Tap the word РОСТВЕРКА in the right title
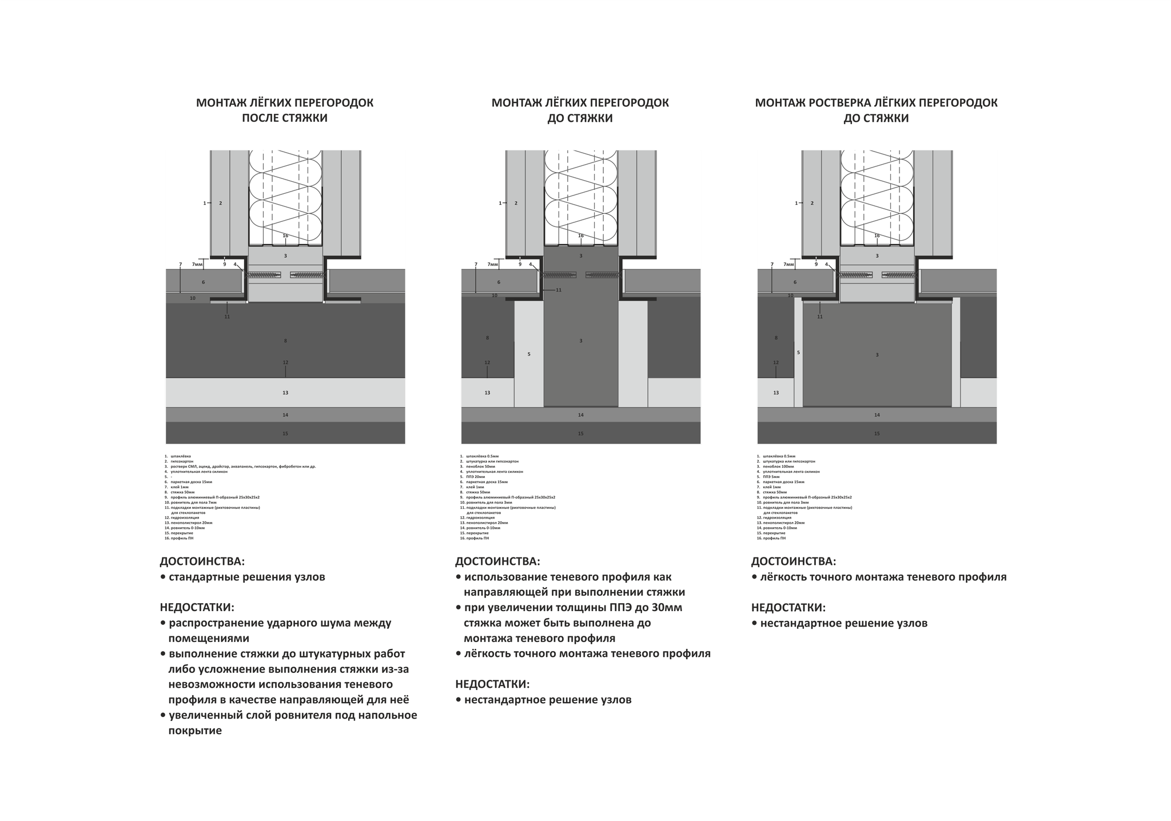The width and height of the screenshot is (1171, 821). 837,103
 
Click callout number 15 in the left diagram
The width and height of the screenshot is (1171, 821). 285,433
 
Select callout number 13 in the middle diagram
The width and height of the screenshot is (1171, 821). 487,393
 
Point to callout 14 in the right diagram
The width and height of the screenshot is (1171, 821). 877,415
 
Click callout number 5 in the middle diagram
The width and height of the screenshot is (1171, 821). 529,354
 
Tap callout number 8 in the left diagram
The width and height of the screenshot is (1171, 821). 285,341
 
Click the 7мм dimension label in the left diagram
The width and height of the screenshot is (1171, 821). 197,265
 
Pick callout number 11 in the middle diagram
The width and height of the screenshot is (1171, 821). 559,290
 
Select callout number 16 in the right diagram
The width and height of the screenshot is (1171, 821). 877,236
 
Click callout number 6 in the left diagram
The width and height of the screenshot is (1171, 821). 203,282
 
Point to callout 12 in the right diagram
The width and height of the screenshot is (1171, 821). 776,362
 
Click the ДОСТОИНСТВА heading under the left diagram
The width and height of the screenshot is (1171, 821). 202,561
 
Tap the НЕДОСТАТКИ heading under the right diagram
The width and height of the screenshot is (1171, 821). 788,608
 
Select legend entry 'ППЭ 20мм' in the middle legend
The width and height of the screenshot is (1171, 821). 476,477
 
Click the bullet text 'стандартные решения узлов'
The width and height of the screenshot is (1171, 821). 246,577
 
